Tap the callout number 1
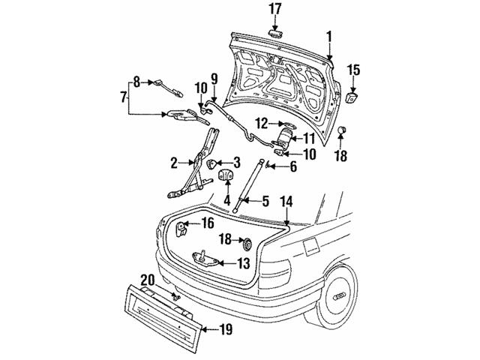click(328, 35)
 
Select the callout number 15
click(353, 70)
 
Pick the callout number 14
click(286, 201)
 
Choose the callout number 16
click(207, 223)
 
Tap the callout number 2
click(174, 161)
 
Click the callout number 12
click(260, 121)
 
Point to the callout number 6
click(292, 167)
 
